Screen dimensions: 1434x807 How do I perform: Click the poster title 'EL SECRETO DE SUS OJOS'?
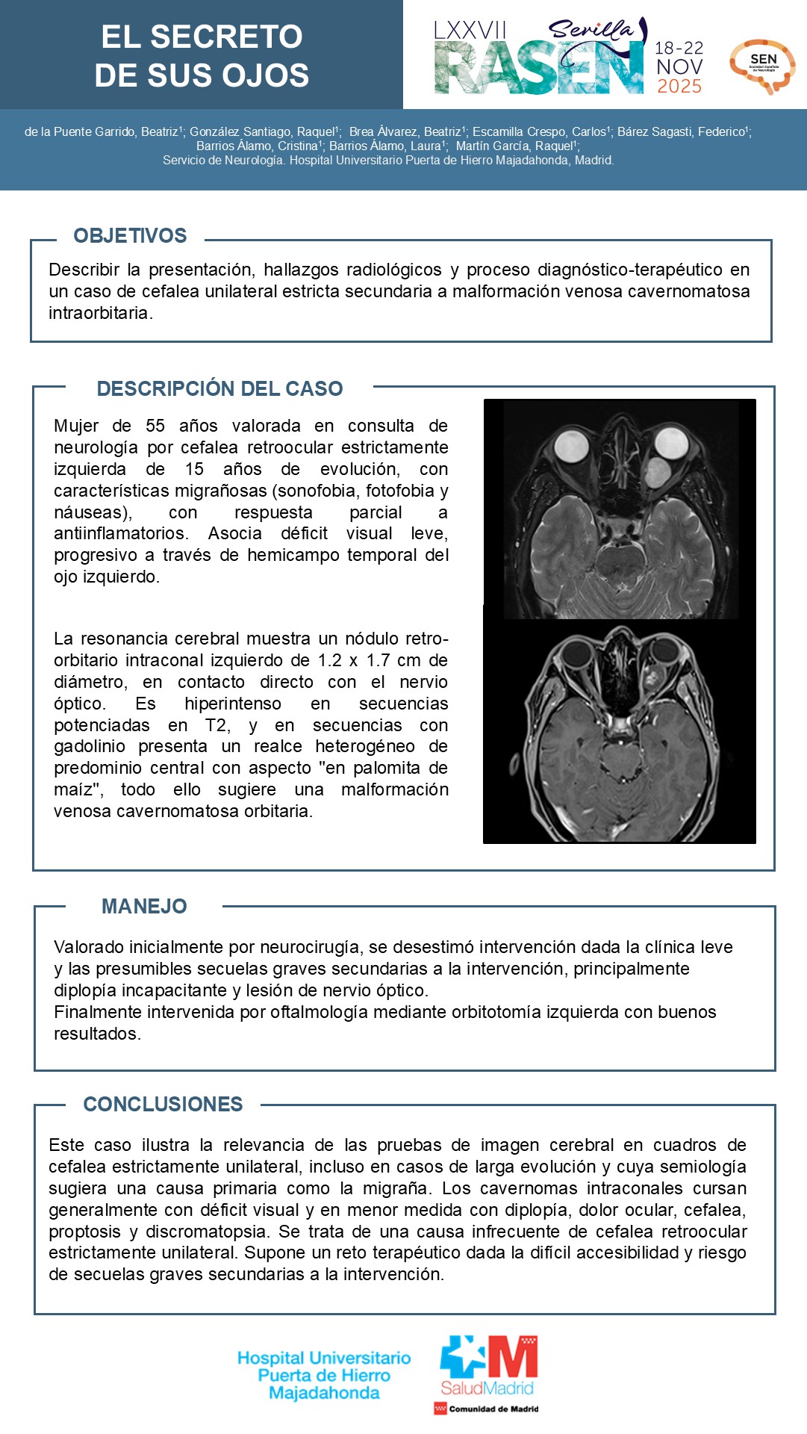pos(202,56)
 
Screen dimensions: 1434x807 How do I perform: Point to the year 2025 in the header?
pos(679,87)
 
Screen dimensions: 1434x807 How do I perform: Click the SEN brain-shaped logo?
pos(762,66)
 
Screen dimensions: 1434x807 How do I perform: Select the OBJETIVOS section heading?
pos(130,236)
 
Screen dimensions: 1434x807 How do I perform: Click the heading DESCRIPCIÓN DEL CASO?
pos(219,388)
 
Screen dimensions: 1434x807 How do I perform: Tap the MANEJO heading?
pos(144,907)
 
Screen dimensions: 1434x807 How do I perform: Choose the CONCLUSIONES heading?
pos(163,1105)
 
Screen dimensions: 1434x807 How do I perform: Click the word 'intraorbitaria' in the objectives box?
pos(100,313)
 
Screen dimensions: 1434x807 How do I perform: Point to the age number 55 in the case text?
pos(155,426)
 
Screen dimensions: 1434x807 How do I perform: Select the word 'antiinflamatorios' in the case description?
pos(119,533)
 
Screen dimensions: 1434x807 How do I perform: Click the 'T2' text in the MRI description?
pos(217,725)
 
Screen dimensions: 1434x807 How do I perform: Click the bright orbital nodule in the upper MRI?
pos(656,472)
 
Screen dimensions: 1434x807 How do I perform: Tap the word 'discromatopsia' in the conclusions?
pos(202,1232)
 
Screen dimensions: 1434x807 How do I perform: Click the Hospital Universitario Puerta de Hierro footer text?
pos(324,1375)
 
